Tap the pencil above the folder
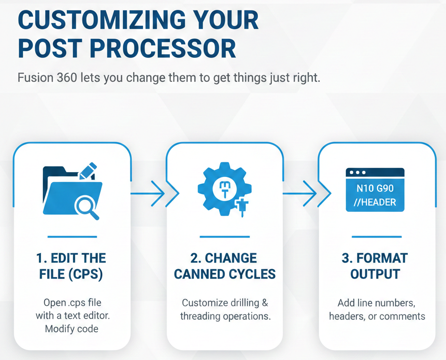[88, 170]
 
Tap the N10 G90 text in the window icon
[375, 188]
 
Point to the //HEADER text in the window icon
[375, 203]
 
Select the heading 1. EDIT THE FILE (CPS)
[72, 266]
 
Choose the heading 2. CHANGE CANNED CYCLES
[224, 266]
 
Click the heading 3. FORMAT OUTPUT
[375, 266]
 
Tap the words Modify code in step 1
[72, 329]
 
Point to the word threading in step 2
[201, 316]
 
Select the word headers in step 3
[347, 316]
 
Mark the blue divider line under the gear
[224, 237]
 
